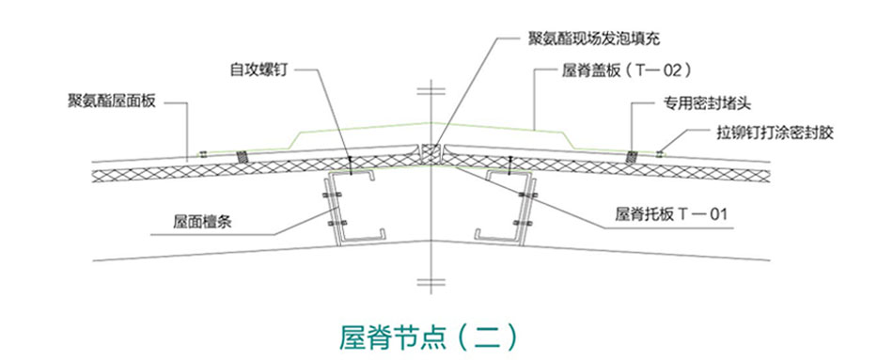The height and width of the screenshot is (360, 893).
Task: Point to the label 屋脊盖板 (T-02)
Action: [x=626, y=70]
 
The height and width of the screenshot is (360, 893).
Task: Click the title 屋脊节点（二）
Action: [x=428, y=334]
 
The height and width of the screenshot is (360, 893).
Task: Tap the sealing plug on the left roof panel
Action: [x=242, y=157]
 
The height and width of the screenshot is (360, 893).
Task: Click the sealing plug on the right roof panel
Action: [x=633, y=154]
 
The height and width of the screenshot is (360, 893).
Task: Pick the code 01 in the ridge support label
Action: [x=716, y=213]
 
